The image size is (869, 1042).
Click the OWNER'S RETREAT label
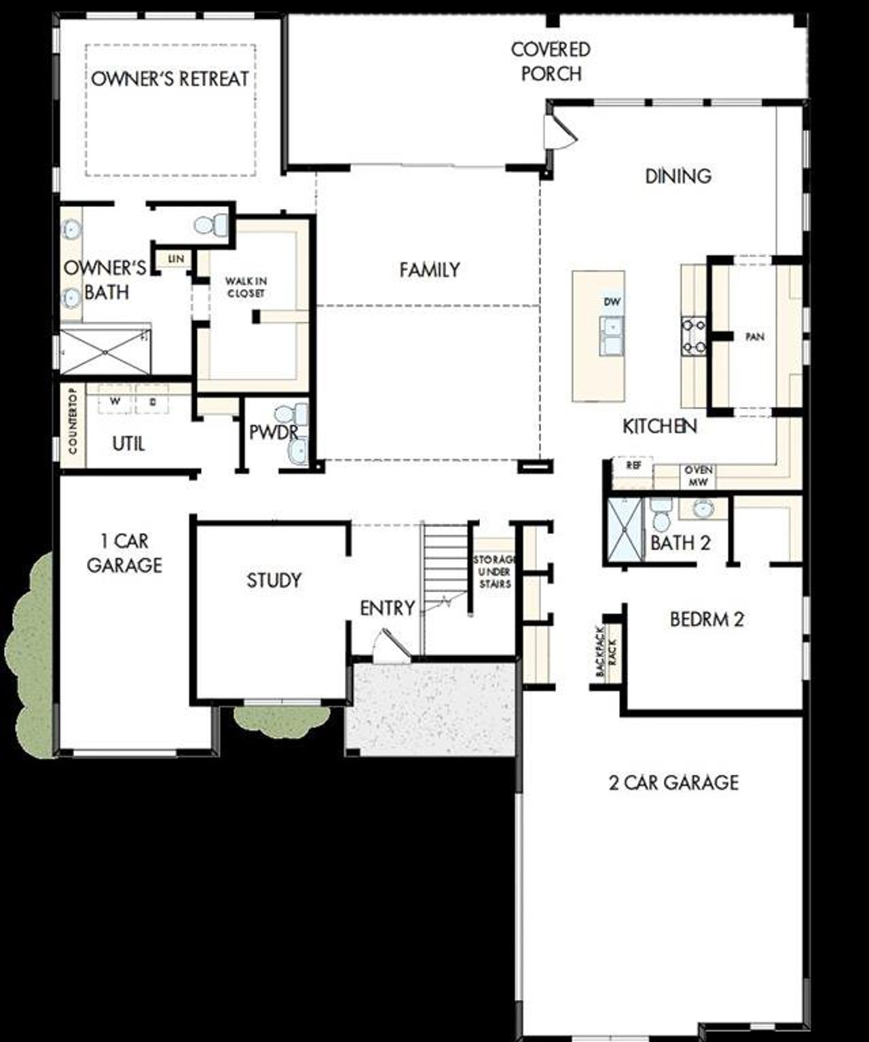coord(170,79)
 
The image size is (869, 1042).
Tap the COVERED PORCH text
coord(551,61)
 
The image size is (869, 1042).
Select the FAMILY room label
coord(429,270)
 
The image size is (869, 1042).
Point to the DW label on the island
coord(612,301)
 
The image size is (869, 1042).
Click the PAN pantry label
coord(755,336)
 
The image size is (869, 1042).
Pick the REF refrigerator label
coord(633,466)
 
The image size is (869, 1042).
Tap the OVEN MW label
coord(698,476)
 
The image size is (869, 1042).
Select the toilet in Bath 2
coord(660,516)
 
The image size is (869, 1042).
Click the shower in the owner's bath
coord(105,351)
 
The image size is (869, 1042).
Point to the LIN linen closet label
coord(176,259)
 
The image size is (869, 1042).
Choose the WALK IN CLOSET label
coord(246,287)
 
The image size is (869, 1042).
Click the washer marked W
coord(115,400)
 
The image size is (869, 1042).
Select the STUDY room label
coord(274,580)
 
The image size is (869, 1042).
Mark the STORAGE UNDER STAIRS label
coord(495,571)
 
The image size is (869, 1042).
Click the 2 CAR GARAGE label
coord(673,782)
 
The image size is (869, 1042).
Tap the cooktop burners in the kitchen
coord(694,336)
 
